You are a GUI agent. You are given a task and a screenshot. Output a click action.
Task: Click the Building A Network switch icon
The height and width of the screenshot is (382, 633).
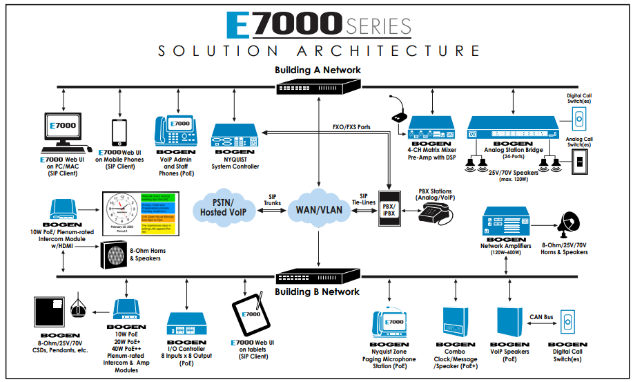[319, 86]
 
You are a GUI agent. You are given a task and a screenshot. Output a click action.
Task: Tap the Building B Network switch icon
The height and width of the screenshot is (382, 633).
[319, 278]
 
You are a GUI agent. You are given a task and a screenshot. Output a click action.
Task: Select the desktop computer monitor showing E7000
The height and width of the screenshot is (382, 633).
[62, 131]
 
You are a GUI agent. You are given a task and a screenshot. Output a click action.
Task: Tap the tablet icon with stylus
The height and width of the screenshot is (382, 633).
[246, 318]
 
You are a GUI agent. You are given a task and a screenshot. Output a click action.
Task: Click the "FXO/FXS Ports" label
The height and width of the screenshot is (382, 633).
[351, 128]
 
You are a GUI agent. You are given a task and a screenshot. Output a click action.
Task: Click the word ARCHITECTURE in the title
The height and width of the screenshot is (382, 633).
[388, 51]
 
